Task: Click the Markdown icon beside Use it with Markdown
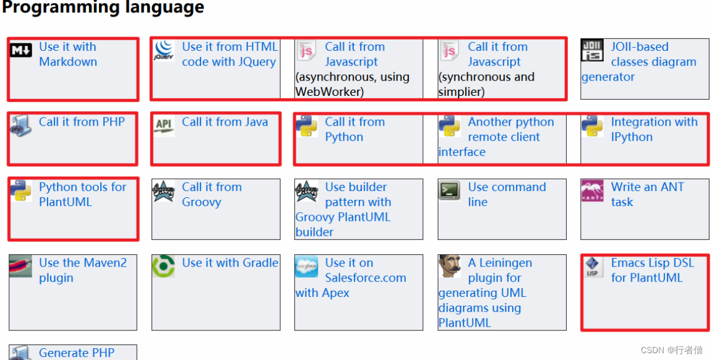click(21, 51)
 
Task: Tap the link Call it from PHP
click(82, 122)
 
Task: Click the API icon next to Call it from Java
click(164, 124)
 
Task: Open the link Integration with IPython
click(653, 129)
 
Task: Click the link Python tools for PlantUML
click(82, 194)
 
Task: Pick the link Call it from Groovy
click(212, 194)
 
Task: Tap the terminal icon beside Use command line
click(450, 190)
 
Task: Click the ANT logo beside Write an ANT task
click(593, 191)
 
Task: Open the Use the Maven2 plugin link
click(82, 270)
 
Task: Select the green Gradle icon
click(164, 267)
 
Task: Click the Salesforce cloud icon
click(307, 267)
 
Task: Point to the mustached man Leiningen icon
click(450, 267)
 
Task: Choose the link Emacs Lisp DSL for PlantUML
click(652, 270)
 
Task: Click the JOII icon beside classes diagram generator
click(593, 50)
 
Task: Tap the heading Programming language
click(103, 7)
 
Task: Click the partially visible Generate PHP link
click(77, 353)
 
